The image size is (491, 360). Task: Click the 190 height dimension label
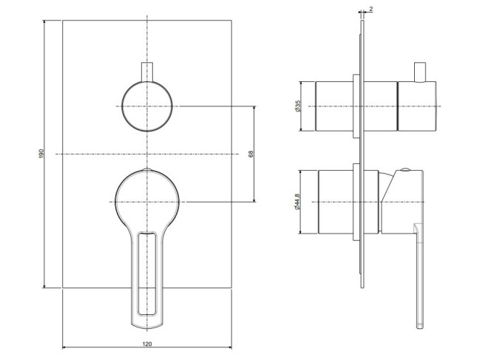pos(41,154)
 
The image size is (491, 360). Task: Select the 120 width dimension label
pos(147,344)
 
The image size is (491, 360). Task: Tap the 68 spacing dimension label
pos(251,154)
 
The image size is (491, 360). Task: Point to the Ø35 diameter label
pos(297,106)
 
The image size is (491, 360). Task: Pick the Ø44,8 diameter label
pos(297,202)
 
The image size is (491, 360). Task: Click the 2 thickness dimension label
pos(371,9)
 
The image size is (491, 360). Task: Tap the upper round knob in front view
pos(147,106)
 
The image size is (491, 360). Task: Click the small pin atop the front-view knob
pos(147,72)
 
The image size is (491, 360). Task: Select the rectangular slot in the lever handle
pos(147,274)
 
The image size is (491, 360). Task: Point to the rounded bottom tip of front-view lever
pos(147,327)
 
